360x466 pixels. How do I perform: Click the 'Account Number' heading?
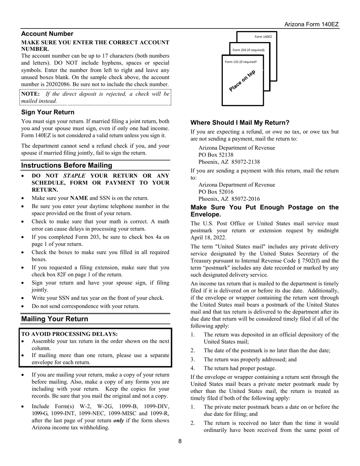click(47, 34)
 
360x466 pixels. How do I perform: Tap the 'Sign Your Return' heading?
click(48, 112)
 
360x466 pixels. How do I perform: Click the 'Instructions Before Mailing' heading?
click(66, 165)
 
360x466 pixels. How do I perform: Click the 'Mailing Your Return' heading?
click(55, 319)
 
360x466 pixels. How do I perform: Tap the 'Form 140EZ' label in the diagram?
click(263, 37)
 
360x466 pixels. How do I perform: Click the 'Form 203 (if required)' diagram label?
click(248, 50)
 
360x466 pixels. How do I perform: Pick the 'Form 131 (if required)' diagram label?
click(241, 62)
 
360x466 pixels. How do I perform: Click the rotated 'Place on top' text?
click(242, 81)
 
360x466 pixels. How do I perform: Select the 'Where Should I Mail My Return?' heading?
click(240, 122)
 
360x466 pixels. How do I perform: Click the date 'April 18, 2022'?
click(208, 238)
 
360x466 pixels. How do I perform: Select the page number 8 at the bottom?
click(180, 441)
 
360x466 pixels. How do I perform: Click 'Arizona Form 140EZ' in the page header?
click(311, 24)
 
